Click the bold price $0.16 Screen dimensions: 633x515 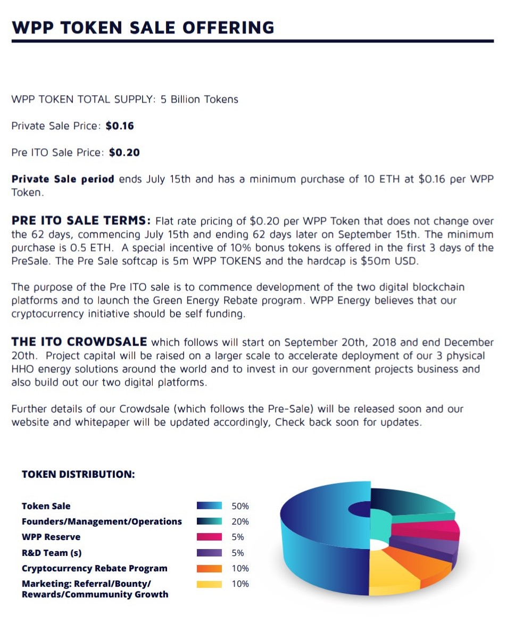pyautogui.click(x=120, y=126)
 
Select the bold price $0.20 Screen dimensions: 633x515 pyautogui.click(x=124, y=153)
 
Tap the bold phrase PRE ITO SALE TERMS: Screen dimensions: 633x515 pyautogui.click(x=81, y=221)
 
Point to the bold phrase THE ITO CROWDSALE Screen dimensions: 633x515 pyautogui.click(x=80, y=342)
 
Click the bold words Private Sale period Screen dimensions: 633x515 pyautogui.click(x=63, y=179)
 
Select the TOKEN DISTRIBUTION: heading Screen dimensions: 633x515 pyautogui.click(x=78, y=474)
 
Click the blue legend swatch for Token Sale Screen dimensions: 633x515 pyautogui.click(x=209, y=506)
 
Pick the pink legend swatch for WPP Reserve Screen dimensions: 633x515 pyautogui.click(x=209, y=537)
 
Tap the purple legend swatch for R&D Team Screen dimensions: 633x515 pyautogui.click(x=209, y=553)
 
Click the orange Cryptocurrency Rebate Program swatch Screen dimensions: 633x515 pyautogui.click(x=209, y=568)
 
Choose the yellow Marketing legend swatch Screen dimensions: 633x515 pyautogui.click(x=209, y=584)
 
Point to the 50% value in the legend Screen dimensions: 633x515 pyautogui.click(x=240, y=506)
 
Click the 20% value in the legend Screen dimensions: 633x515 pyautogui.click(x=240, y=522)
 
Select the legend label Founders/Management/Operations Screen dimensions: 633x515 pyautogui.click(x=102, y=522)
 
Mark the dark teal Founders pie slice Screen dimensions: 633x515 pyautogui.click(x=410, y=502)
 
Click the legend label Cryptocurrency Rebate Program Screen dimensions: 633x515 pyautogui.click(x=94, y=568)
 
